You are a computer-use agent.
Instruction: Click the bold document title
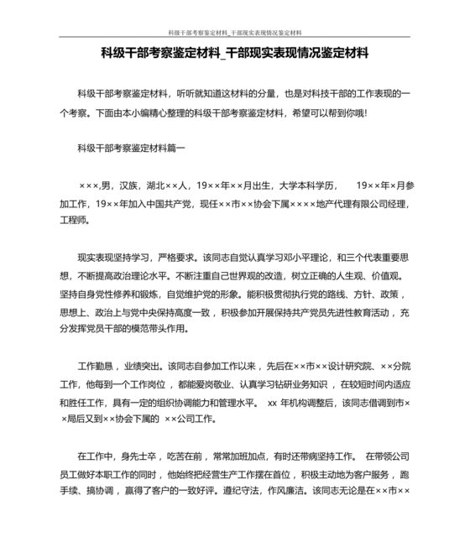point(234,54)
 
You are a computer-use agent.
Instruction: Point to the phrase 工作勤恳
point(95,367)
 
